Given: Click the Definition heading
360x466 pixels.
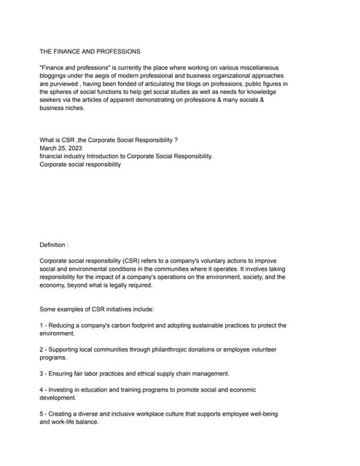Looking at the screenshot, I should [x=53, y=245].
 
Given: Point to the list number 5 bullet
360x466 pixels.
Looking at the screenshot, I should [x=42, y=414].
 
